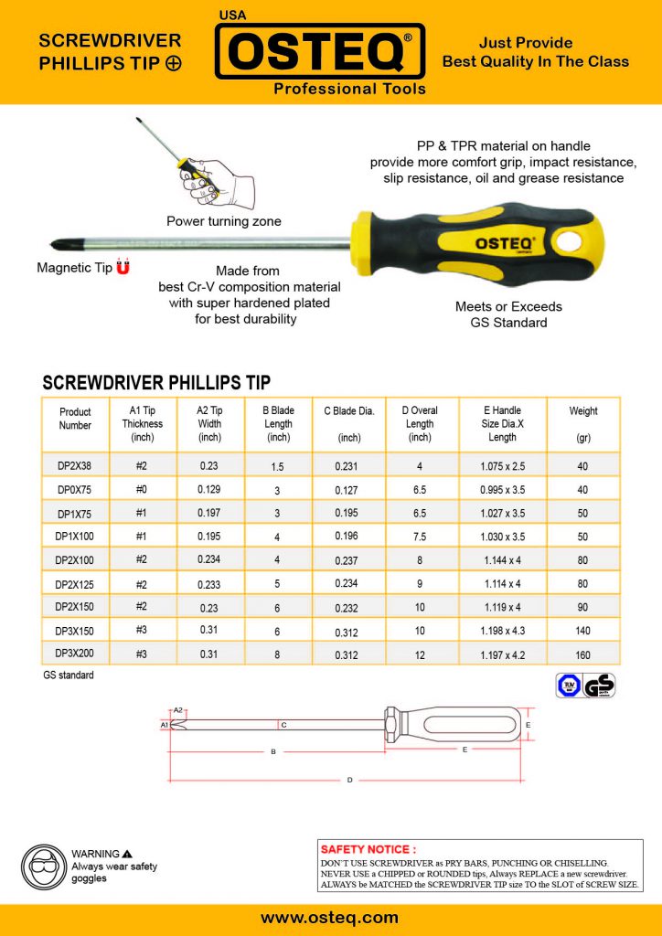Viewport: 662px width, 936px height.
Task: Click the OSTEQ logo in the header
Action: click(320, 53)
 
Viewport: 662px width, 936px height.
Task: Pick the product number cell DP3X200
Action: click(75, 654)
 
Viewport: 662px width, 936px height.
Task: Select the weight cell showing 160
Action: click(583, 654)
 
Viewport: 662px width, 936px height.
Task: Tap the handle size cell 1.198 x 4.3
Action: click(501, 631)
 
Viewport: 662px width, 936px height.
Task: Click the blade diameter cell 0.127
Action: click(349, 489)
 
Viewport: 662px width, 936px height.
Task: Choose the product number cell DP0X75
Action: click(75, 489)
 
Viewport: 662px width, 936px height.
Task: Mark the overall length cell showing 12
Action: click(420, 654)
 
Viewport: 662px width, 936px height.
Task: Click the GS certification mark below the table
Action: click(600, 686)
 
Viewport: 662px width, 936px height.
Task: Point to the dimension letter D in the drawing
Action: click(349, 780)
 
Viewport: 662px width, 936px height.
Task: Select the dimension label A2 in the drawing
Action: click(179, 710)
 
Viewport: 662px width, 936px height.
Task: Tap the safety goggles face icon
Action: click(42, 864)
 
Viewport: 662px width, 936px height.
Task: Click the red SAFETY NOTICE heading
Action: click(368, 849)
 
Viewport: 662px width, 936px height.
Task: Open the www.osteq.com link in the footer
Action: click(330, 917)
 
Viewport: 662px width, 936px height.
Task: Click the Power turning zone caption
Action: click(224, 221)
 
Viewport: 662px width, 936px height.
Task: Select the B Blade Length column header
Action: click(278, 423)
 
